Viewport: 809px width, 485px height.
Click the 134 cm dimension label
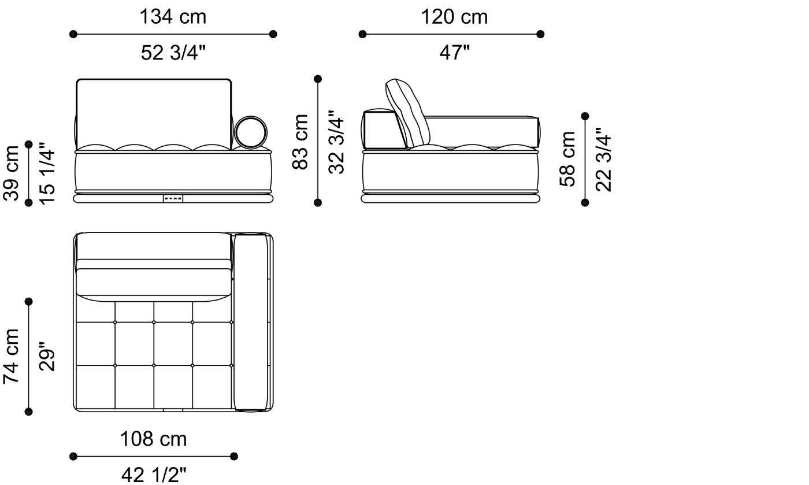(172, 17)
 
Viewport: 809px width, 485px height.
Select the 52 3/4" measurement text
(173, 53)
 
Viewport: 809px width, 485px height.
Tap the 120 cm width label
(454, 17)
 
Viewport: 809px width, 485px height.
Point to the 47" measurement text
(454, 53)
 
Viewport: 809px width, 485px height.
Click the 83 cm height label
(300, 142)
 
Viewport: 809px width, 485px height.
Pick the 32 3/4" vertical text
(336, 142)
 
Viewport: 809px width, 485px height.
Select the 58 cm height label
(568, 159)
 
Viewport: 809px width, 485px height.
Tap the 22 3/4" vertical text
(603, 159)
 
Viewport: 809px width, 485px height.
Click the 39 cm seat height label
(12, 173)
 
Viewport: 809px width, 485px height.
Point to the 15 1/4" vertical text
(47, 173)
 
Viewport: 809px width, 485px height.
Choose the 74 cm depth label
(12, 356)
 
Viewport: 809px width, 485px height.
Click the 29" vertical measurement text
(47, 356)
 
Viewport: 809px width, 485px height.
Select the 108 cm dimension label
(153, 439)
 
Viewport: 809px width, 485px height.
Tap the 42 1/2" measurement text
(154, 475)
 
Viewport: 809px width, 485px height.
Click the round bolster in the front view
(251, 132)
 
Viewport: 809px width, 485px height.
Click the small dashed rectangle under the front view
(173, 198)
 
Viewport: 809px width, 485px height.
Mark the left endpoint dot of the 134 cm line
(73, 34)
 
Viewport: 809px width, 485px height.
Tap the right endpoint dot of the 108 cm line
(234, 456)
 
